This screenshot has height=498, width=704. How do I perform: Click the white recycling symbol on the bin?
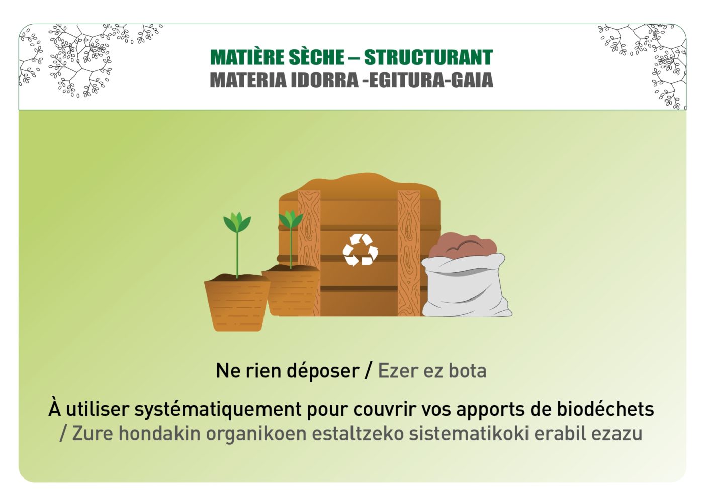[x=360, y=250]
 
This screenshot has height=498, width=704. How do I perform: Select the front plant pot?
[x=237, y=303]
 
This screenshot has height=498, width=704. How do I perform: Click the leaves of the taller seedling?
[x=237, y=222]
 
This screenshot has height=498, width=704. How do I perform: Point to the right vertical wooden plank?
[x=408, y=253]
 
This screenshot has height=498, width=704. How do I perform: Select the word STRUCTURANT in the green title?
[x=428, y=57]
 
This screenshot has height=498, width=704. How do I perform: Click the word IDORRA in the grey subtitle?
[x=324, y=80]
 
